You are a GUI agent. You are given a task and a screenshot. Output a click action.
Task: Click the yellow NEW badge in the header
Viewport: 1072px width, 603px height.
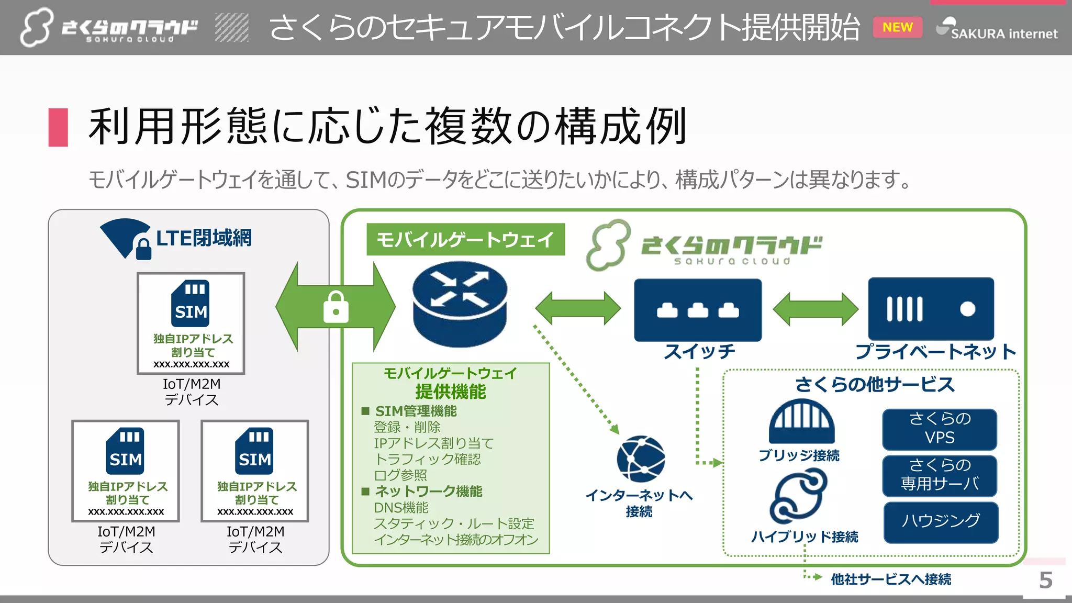pyautogui.click(x=897, y=27)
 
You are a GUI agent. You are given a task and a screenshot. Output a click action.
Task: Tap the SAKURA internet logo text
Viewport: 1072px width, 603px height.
pyautogui.click(x=1003, y=34)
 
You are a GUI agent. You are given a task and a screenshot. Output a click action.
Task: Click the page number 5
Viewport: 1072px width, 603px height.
pyautogui.click(x=1045, y=580)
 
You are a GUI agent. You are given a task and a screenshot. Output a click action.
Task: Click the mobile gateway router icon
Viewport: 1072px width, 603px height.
pyautogui.click(x=460, y=304)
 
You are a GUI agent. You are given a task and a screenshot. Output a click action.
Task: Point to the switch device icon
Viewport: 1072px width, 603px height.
pyautogui.click(x=698, y=309)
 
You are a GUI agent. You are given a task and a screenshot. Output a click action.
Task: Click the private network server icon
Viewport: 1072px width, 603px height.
pyautogui.click(x=931, y=309)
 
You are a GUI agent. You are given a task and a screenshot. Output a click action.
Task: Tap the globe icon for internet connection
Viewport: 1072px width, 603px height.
pyautogui.click(x=640, y=459)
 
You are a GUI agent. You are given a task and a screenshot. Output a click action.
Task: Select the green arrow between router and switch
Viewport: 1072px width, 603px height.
pyautogui.click(x=578, y=308)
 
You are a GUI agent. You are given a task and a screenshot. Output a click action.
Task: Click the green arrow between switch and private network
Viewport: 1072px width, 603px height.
pyautogui.click(x=815, y=309)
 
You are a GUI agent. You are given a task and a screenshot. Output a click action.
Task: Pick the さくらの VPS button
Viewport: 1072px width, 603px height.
pyautogui.click(x=940, y=429)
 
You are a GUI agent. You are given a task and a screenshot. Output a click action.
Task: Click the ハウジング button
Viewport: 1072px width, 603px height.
pyautogui.click(x=941, y=522)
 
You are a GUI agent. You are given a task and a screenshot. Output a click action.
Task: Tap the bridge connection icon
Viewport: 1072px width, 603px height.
pyautogui.click(x=801, y=421)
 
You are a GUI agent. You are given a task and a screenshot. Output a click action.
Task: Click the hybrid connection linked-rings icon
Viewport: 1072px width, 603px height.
pyautogui.click(x=799, y=496)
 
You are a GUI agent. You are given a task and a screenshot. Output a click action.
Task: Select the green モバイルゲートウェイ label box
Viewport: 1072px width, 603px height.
pyautogui.click(x=465, y=240)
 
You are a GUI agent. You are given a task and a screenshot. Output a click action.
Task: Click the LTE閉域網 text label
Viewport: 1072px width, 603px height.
pyautogui.click(x=204, y=238)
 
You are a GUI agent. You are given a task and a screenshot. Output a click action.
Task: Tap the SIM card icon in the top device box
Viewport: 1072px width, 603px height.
pyautogui.click(x=191, y=304)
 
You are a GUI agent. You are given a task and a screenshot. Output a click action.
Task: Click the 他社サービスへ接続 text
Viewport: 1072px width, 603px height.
pyautogui.click(x=890, y=579)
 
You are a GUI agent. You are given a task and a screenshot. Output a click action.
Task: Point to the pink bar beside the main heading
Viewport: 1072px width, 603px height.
pyautogui.click(x=58, y=127)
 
